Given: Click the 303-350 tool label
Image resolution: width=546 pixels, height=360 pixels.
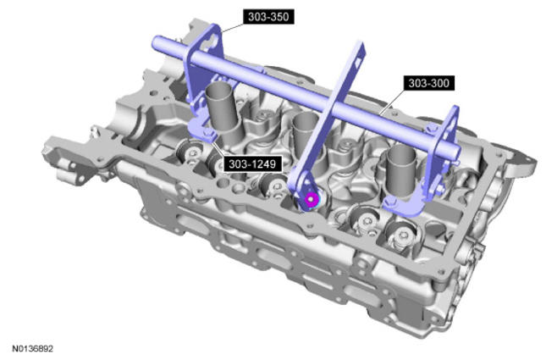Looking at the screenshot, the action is (268, 17).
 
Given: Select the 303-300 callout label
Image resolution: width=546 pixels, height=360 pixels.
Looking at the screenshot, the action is (428, 83).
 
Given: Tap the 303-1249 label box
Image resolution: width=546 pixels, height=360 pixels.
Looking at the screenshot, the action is (252, 163).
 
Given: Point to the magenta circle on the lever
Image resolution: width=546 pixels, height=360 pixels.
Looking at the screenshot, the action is (311, 199).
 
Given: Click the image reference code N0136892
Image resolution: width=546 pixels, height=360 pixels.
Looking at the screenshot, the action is (33, 349).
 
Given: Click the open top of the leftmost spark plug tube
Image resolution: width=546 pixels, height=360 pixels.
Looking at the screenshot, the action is (218, 89).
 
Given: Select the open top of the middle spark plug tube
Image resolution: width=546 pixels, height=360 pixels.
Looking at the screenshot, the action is (305, 118).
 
